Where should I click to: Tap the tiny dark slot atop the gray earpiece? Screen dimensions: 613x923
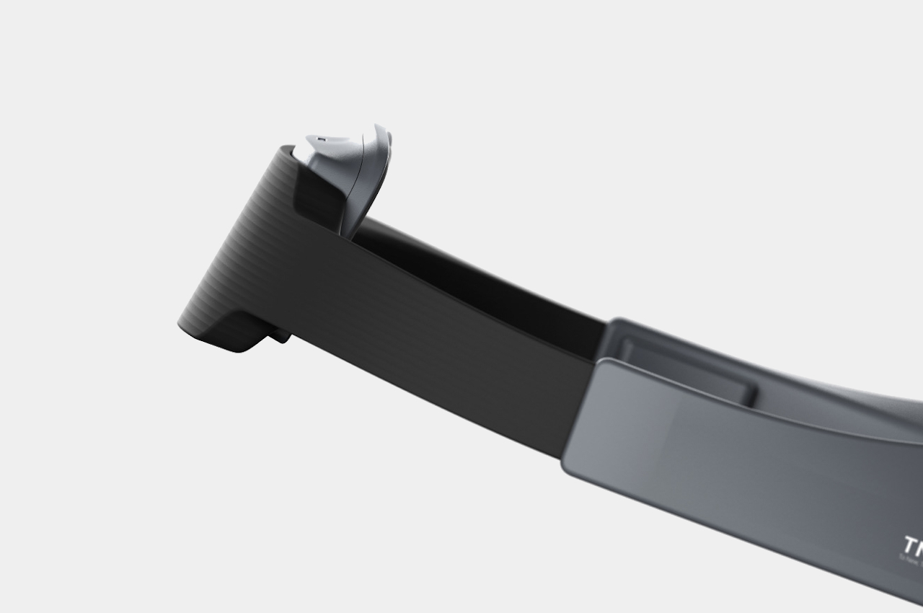322,139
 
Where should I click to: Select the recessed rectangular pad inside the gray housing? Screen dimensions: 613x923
685,371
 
